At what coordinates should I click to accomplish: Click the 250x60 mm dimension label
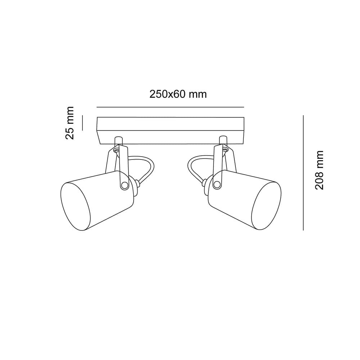(x=178, y=94)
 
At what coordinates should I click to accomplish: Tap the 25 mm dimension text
(x=69, y=123)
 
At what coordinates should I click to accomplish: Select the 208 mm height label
(x=319, y=170)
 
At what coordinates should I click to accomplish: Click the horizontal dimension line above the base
(x=170, y=107)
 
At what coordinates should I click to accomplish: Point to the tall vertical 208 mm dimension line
(x=303, y=173)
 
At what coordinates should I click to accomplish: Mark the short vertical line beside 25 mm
(x=82, y=123)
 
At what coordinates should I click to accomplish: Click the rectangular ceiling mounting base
(x=170, y=131)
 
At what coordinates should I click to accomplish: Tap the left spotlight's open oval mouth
(x=75, y=206)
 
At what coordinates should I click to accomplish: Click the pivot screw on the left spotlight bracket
(x=125, y=185)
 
